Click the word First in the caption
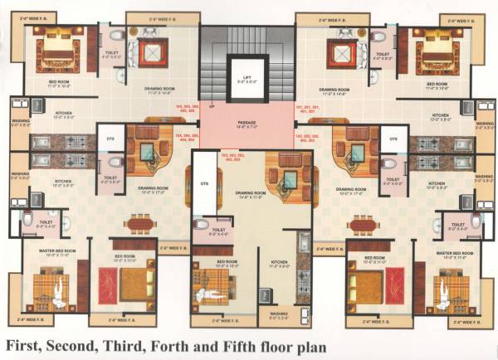(30, 343)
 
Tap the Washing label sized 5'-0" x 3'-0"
(278, 315)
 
